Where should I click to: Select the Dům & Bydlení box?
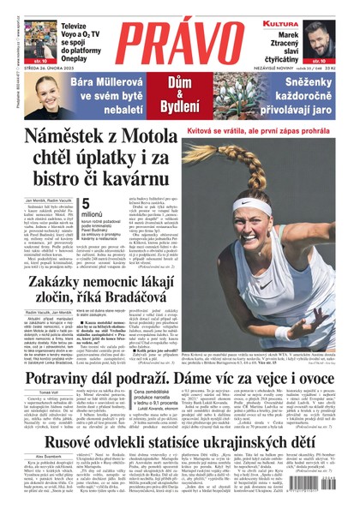click(179, 92)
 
